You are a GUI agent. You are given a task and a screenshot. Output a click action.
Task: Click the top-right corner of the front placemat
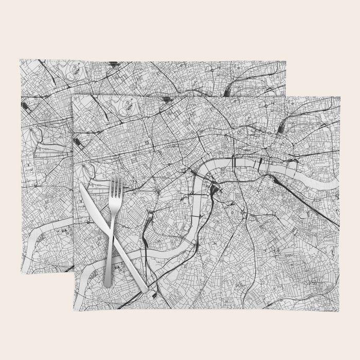[x=339, y=97]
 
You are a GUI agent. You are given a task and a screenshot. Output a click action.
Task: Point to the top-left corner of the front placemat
[x=73, y=96]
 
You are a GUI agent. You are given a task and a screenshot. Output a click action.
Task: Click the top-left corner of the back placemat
[x=20, y=60]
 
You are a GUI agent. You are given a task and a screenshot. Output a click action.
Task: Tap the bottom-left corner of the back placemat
[x=21, y=273]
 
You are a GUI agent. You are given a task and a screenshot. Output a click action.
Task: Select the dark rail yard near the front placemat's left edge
[x=78, y=140]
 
